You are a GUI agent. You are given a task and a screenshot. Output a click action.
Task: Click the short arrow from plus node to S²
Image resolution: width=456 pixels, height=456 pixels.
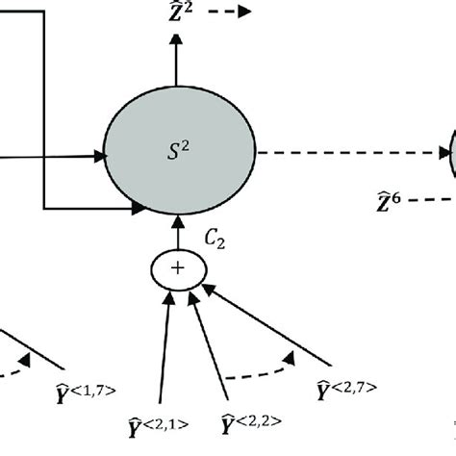pos(176,233)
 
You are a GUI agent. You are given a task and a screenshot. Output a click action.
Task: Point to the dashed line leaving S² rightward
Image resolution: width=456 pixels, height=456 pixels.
pos(351,153)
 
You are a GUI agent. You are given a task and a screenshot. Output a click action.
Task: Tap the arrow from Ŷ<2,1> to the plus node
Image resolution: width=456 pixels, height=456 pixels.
pos(165,346)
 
